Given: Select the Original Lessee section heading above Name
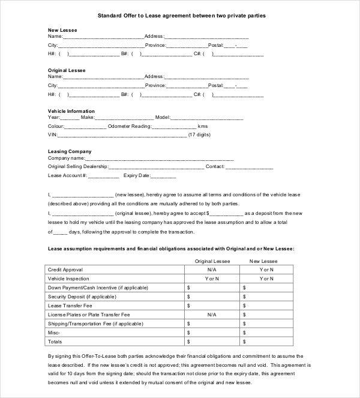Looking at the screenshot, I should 67,70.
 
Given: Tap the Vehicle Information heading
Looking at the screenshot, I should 71,111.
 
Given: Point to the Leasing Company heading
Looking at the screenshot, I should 70,152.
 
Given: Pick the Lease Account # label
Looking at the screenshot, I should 68,176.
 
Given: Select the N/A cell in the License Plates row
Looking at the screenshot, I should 211,315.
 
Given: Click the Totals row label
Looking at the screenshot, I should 55,341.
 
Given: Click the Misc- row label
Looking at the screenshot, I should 54,332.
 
